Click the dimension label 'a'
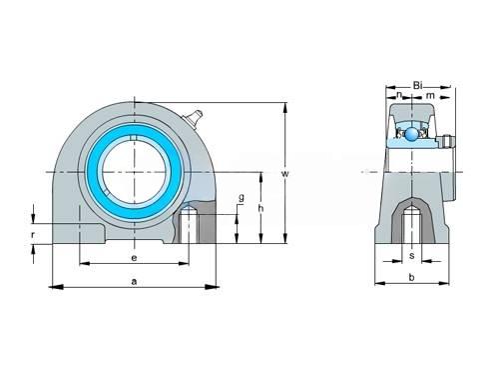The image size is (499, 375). tap(134, 282)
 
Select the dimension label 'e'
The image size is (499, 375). tap(134, 258)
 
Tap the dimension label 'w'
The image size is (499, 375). tap(285, 174)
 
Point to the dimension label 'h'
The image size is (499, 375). tap(261, 208)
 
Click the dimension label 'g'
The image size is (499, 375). tap(242, 197)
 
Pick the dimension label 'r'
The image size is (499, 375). tap(33, 235)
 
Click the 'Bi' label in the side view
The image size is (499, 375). tap(418, 85)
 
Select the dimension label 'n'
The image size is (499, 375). tap(399, 95)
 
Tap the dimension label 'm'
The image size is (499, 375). tap(430, 96)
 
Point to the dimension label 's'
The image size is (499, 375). tap(412, 256)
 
